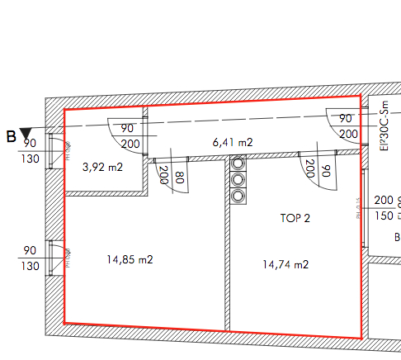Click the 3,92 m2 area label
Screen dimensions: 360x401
[103, 167]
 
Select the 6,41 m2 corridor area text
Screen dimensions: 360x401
[233, 142]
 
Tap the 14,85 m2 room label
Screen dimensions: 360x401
[130, 259]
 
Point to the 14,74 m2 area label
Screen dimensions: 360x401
[285, 264]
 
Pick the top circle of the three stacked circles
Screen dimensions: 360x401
[238, 163]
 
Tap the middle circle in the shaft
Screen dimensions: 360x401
[238, 179]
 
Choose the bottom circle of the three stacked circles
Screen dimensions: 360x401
[238, 196]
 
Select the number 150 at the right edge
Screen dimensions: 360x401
[384, 216]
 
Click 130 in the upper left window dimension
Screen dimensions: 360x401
[29, 159]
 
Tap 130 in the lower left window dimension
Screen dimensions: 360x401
[29, 266]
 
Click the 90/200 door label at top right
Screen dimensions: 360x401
[347, 126]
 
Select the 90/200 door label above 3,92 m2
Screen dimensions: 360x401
[128, 136]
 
